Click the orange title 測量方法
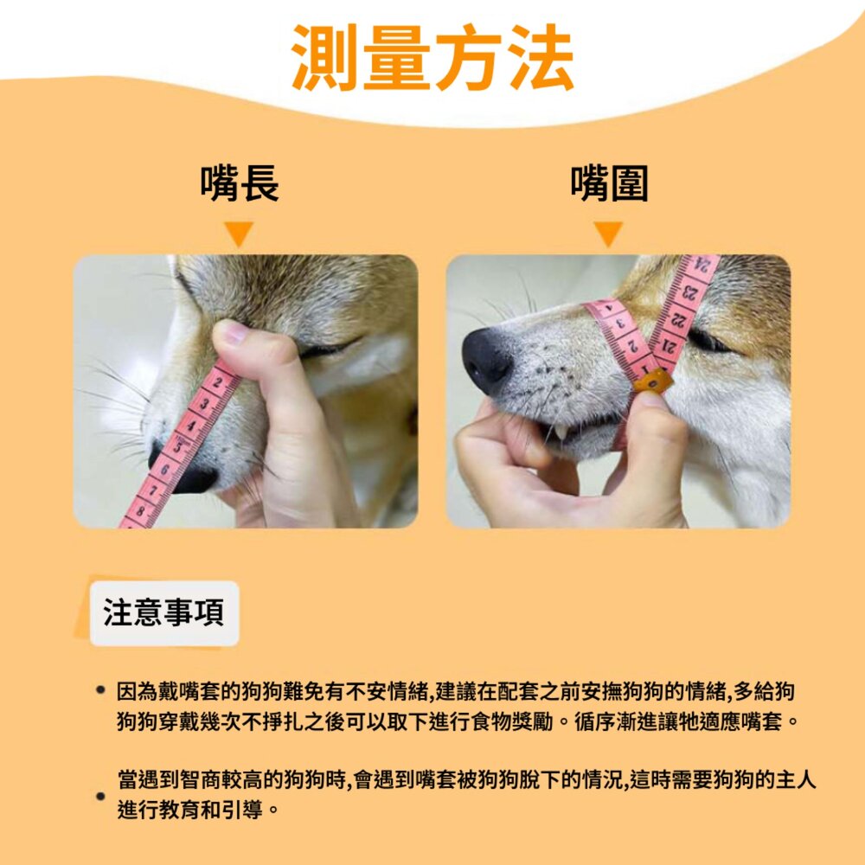click(433, 57)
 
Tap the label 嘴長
click(240, 183)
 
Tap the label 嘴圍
click(609, 183)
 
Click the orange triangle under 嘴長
click(239, 234)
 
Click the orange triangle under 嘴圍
click(608, 234)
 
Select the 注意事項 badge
click(164, 613)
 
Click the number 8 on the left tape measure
click(140, 511)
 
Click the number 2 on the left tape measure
click(218, 383)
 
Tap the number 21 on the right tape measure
click(668, 347)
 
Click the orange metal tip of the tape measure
click(653, 381)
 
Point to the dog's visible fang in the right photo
click(561, 432)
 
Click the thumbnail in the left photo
click(233, 333)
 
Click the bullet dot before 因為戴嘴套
click(100, 689)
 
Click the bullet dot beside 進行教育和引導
click(100, 796)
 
